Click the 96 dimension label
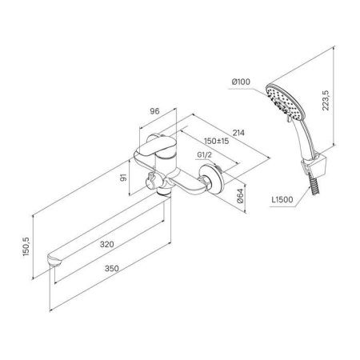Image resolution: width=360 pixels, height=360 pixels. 154,111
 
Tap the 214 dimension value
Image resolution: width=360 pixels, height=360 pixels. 238,133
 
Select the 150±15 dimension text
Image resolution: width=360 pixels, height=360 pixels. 217,141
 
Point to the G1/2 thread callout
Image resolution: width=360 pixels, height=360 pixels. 204,154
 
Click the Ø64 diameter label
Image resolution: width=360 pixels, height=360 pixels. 240,196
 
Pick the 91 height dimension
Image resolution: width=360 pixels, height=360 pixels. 123,178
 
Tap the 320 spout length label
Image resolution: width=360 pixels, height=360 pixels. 107,244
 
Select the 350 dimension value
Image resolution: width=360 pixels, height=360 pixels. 112,268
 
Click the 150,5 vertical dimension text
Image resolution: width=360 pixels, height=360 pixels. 26,246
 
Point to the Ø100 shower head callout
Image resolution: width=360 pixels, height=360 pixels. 241,82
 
